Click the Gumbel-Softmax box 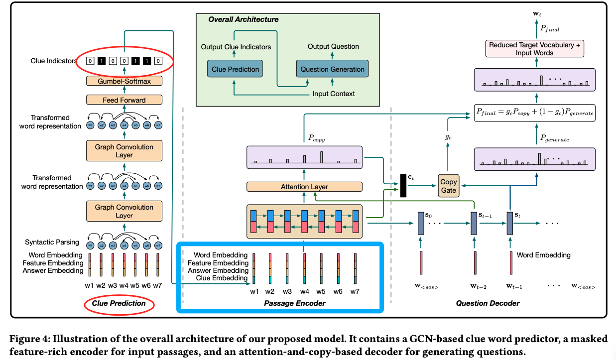pyautogui.click(x=124, y=81)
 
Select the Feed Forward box pyautogui.click(x=124, y=100)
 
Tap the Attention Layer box pyautogui.click(x=304, y=187)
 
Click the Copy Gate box pyautogui.click(x=448, y=186)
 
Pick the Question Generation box pyautogui.click(x=332, y=69)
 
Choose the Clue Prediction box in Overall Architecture pyautogui.click(x=235, y=69)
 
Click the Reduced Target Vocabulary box pyautogui.click(x=535, y=49)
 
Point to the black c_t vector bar pyautogui.click(x=403, y=186)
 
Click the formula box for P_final pyautogui.click(x=535, y=113)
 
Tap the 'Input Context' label pyautogui.click(x=333, y=94)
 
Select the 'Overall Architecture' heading pyautogui.click(x=243, y=19)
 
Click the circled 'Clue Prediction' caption pyautogui.click(x=119, y=303)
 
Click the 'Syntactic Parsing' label pyautogui.click(x=52, y=242)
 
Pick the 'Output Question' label pyautogui.click(x=333, y=46)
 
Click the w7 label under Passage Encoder pyautogui.click(x=355, y=291)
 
